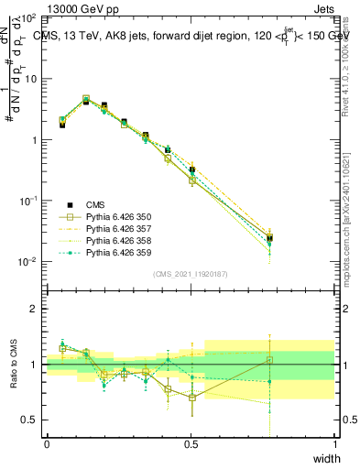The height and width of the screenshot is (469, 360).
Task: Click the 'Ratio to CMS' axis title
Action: [x=12, y=364]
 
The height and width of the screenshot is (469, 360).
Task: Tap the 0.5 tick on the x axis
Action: [x=191, y=444]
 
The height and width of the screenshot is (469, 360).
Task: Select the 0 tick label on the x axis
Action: [x=47, y=444]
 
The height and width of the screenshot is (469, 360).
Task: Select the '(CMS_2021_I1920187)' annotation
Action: [x=190, y=274]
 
